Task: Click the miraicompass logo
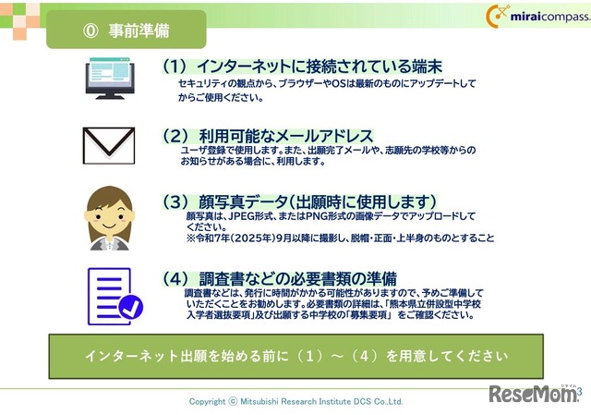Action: pyautogui.click(x=536, y=17)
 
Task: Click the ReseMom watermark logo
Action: pyautogui.click(x=534, y=394)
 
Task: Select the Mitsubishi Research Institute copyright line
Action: pyautogui.click(x=295, y=402)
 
